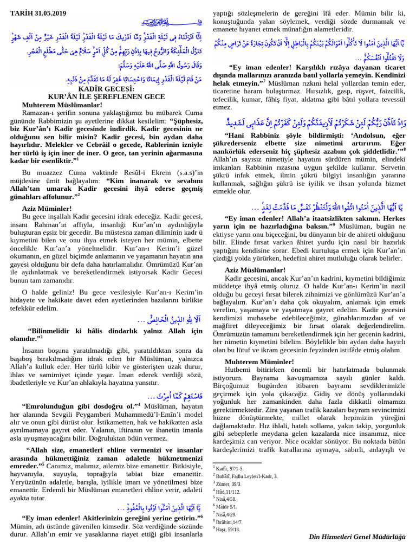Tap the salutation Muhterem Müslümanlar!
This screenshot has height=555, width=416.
click(62, 104)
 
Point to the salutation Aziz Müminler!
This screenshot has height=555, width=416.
click(47, 208)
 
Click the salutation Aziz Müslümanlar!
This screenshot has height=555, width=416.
click(255, 269)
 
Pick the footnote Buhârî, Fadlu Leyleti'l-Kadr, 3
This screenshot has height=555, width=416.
click(246, 476)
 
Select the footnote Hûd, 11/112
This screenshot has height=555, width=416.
click(227, 491)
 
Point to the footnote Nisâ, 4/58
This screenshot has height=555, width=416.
click(227, 499)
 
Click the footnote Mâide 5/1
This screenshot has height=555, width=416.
click(228, 506)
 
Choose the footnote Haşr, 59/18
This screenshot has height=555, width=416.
click(227, 528)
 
